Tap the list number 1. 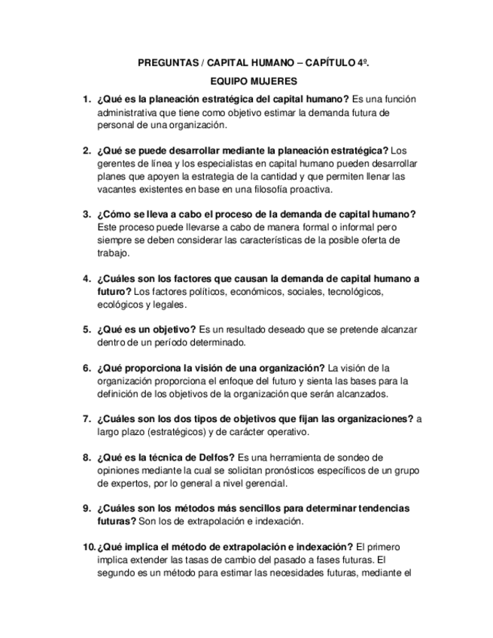point(87,99)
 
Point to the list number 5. point(87,329)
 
